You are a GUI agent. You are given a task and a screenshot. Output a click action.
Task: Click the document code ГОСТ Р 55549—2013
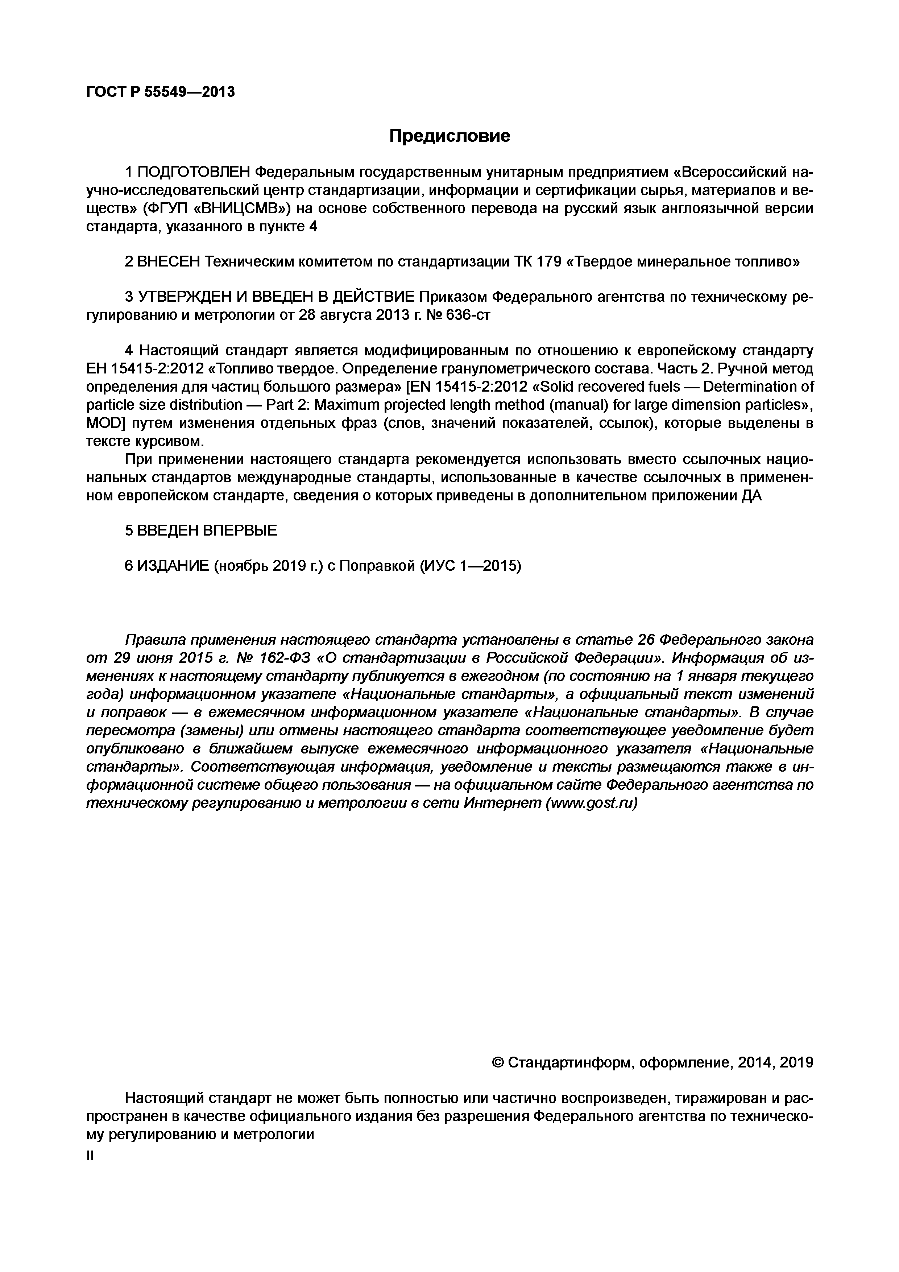tap(161, 91)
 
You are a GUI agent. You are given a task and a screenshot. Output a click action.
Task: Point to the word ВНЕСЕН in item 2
tap(169, 261)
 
